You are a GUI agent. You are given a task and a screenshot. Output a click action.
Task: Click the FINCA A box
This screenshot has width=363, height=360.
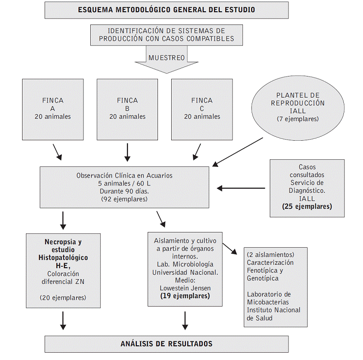tap(53, 109)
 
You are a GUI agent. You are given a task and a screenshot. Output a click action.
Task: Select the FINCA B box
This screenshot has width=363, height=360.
tap(128, 109)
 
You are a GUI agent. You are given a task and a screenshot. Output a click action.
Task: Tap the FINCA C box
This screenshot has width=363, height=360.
tap(202, 109)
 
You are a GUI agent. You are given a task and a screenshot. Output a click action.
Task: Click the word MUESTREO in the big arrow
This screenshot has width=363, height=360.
tap(167, 58)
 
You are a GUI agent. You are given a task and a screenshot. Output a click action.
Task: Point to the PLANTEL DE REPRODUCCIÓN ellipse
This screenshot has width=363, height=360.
tap(298, 108)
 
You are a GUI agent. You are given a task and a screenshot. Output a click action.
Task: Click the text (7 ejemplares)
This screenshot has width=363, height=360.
tap(298, 119)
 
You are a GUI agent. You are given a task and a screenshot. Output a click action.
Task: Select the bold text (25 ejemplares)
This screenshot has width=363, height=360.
tap(307, 206)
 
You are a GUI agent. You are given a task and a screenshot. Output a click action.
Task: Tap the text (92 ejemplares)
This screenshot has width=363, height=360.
tap(124, 199)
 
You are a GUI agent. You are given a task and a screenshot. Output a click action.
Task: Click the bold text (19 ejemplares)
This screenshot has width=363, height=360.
tap(185, 296)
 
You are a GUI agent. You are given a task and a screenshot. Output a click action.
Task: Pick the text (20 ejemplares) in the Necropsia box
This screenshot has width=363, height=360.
tap(63, 298)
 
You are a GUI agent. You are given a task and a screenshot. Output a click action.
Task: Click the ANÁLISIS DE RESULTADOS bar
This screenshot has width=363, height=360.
tap(167, 344)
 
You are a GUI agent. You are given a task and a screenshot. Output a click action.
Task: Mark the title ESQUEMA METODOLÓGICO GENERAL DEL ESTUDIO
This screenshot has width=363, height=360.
tap(167, 10)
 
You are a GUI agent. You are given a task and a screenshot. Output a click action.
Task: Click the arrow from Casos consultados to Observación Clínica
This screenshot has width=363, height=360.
tap(241, 188)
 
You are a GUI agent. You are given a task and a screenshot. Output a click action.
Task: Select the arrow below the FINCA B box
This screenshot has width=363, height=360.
tap(128, 153)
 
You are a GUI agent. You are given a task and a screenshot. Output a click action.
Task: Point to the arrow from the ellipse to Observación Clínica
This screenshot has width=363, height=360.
tap(238, 152)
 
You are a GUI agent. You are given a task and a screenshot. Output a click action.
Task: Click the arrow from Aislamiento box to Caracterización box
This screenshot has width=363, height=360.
tap(230, 249)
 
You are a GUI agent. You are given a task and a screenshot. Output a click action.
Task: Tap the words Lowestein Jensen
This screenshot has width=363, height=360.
tap(185, 288)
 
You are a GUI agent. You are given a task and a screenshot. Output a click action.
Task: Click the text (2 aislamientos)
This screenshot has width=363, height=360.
tap(270, 255)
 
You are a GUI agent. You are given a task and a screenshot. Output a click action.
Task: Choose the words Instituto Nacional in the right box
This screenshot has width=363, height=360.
tap(274, 310)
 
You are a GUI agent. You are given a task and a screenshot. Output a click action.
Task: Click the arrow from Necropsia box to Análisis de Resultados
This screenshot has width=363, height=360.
tap(63, 321)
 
